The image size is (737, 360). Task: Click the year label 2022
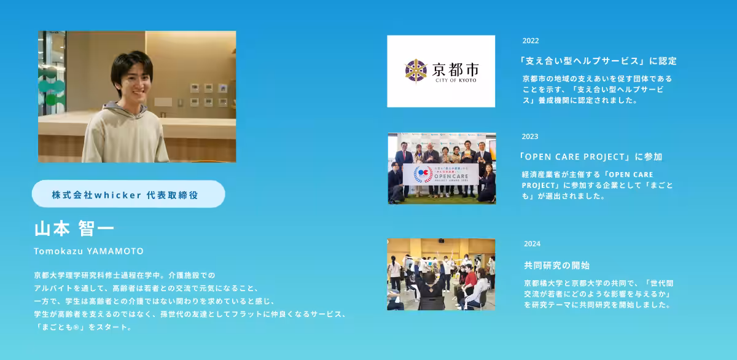[x=531, y=41]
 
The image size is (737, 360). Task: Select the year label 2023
[x=529, y=136]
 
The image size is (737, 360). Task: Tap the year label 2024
[x=532, y=244]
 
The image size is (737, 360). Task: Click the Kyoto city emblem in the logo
[x=416, y=71]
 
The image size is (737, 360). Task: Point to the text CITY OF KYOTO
[x=456, y=80]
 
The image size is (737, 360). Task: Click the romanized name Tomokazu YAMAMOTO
[x=89, y=251]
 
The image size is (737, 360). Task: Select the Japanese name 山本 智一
[x=74, y=229]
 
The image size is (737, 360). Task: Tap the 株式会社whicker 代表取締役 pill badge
[x=128, y=194]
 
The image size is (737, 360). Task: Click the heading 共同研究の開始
[x=556, y=265]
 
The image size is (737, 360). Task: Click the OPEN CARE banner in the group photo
[x=441, y=174]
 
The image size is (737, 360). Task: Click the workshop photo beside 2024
[x=441, y=275]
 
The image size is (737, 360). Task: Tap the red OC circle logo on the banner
[x=423, y=174]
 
